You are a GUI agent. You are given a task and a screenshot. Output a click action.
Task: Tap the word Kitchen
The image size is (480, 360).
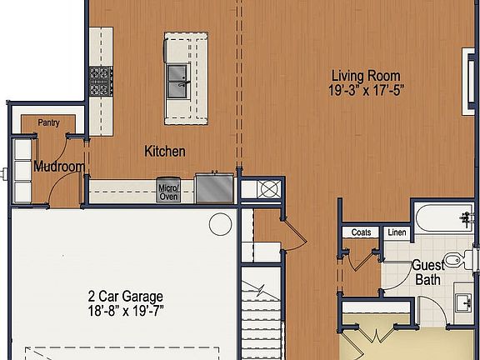coord(165,151)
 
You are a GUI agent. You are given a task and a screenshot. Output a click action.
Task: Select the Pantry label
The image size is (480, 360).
coord(48,123)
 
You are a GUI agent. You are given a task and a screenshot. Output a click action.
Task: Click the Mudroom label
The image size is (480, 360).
coord(58,167)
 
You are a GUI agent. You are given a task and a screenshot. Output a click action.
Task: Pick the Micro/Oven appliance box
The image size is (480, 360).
coord(168,192)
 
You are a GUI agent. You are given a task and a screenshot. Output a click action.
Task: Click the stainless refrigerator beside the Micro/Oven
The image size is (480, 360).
coord(215,187)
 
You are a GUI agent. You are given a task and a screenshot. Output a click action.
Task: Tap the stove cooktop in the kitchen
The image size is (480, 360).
coord(100,81)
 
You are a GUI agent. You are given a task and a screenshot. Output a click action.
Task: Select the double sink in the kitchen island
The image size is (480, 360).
coord(179,79)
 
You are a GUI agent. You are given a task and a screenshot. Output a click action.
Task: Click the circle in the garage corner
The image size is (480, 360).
coord(220,223)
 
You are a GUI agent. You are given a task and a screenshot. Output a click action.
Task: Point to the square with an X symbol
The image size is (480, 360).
coord(268,188)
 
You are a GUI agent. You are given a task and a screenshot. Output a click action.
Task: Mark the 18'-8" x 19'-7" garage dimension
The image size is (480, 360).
coord(125,311)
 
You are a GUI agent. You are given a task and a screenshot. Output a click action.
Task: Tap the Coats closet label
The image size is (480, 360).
coord(361,232)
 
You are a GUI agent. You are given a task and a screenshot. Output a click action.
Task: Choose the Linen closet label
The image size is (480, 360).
coord(397,232)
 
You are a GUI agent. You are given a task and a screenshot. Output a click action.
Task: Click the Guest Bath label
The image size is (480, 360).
coord(427,273)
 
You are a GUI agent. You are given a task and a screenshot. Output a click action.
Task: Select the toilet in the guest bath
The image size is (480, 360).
coord(455,261)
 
